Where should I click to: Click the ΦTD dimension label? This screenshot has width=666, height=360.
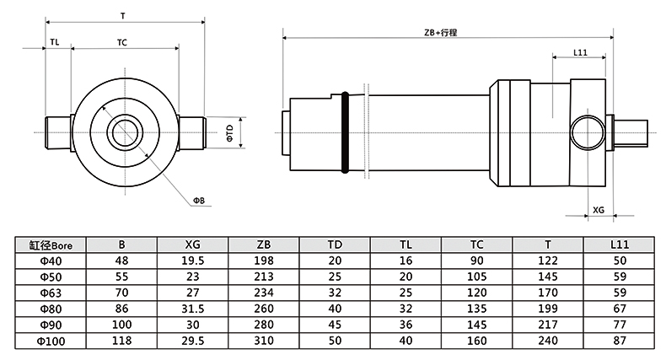pos(229,132)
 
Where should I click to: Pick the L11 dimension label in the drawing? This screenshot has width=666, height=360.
pos(580,52)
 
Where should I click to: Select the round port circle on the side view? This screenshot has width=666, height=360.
pos(586,133)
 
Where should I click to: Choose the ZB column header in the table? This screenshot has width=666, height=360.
pos(264,244)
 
